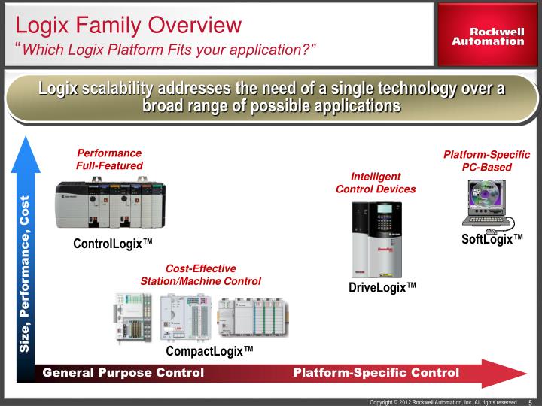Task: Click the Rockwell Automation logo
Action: [488, 37]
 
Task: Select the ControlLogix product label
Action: [113, 244]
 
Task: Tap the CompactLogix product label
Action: [209, 351]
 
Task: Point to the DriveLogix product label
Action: [382, 288]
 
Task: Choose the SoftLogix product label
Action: [492, 238]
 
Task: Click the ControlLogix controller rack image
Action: [109, 204]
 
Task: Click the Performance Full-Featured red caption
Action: [109, 159]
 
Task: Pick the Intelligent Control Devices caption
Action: [376, 183]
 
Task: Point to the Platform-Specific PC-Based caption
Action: [486, 160]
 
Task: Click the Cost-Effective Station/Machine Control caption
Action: [200, 275]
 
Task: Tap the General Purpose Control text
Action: [123, 373]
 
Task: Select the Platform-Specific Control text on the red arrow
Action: [376, 373]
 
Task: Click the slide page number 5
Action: [531, 402]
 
